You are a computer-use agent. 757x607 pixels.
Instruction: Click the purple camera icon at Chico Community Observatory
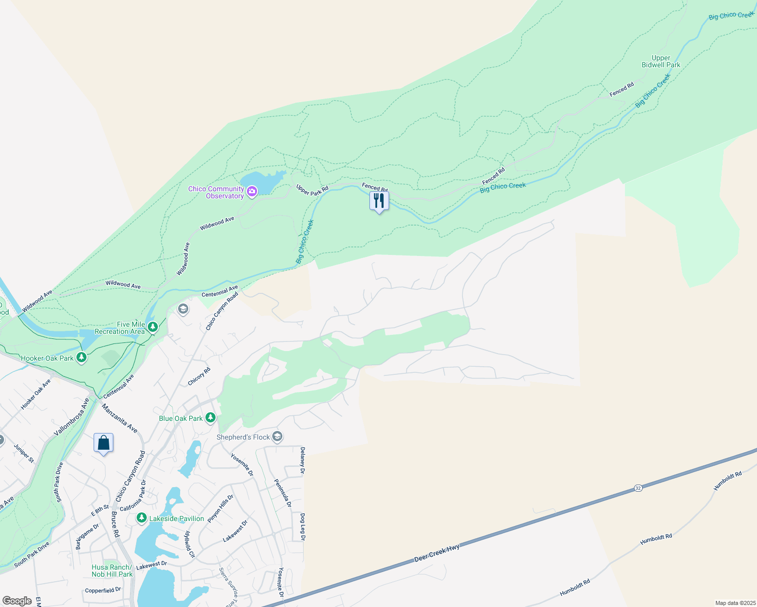click(x=251, y=191)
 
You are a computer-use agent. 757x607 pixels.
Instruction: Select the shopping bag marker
click(x=103, y=443)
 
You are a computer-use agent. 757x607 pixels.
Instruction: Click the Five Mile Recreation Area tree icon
click(x=152, y=328)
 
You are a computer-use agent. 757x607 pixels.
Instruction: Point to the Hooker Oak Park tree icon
click(x=81, y=358)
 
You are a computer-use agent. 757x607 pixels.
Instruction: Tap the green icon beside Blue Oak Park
click(x=211, y=418)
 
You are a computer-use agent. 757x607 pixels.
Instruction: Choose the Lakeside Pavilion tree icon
click(x=142, y=518)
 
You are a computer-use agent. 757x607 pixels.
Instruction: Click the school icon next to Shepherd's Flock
click(x=277, y=437)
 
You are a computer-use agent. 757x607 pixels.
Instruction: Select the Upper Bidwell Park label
click(x=661, y=62)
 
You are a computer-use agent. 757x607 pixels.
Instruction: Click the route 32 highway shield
click(x=638, y=488)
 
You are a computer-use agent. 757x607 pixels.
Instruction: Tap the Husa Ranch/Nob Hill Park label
click(x=112, y=571)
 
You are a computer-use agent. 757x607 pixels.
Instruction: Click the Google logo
click(x=17, y=601)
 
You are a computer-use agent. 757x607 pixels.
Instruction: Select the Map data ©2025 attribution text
click(x=735, y=603)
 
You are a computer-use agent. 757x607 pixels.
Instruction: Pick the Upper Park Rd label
click(x=312, y=190)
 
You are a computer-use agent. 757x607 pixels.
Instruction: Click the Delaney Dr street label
click(x=303, y=460)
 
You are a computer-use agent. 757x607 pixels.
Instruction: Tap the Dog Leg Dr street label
click(x=303, y=527)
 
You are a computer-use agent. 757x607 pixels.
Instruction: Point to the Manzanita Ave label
click(x=119, y=418)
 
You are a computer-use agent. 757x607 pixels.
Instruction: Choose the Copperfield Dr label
click(x=103, y=590)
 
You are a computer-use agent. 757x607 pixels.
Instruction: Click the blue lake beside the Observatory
click(x=261, y=182)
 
